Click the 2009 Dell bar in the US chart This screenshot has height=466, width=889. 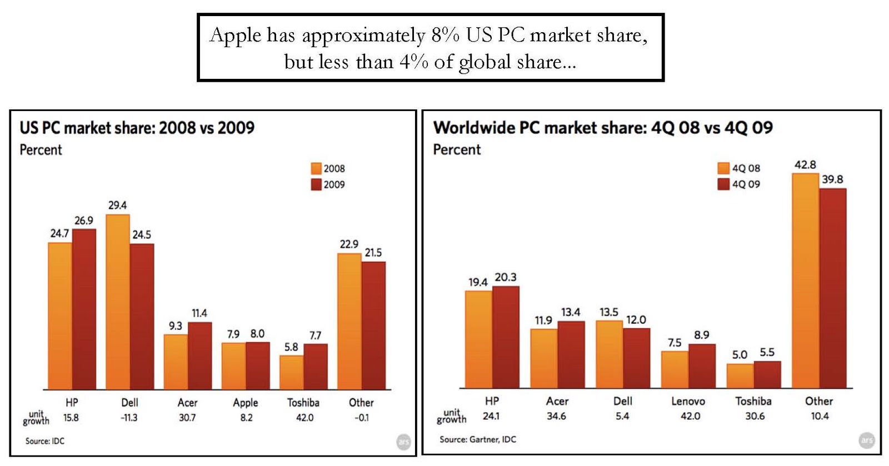[142, 317]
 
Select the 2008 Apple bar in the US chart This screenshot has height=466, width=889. [233, 366]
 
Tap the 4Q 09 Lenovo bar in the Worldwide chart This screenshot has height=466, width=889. [702, 366]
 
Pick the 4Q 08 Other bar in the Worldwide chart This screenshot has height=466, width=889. [806, 280]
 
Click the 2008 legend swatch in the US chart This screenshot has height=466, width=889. [316, 168]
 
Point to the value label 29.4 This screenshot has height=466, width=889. [117, 206]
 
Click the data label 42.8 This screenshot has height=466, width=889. [805, 165]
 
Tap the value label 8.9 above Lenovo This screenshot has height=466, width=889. [702, 335]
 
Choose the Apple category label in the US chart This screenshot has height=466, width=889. [245, 403]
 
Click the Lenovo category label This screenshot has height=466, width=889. [688, 401]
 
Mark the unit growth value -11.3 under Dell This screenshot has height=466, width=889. [129, 418]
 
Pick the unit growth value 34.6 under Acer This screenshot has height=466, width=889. [556, 416]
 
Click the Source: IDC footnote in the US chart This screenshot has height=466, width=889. [44, 441]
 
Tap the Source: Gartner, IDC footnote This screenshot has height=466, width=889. [477, 439]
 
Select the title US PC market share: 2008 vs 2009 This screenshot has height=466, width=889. [137, 128]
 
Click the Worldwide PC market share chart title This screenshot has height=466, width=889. [602, 128]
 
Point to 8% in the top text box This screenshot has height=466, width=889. [445, 36]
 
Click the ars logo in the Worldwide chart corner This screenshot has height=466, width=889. [866, 440]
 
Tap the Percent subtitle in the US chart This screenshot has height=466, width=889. [41, 150]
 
